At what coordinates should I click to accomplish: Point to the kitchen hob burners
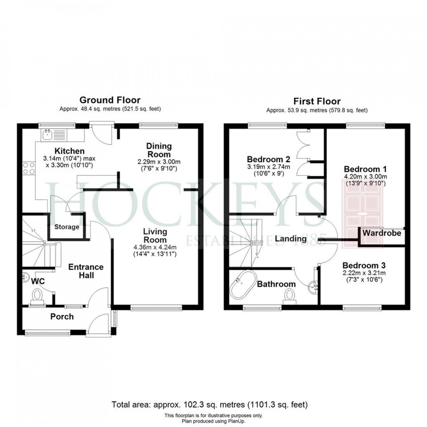[x=28, y=168]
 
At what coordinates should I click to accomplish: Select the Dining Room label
[x=159, y=150]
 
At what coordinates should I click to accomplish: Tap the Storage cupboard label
[x=67, y=227]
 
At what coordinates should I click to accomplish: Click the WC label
[x=38, y=281]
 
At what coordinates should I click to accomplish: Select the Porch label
[x=62, y=317]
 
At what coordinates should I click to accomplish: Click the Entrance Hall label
[x=86, y=271]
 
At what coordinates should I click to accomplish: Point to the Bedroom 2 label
[x=269, y=159]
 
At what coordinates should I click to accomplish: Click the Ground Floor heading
[x=110, y=100]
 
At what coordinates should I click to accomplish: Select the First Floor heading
[x=317, y=101]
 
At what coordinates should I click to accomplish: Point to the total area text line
[x=210, y=404]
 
